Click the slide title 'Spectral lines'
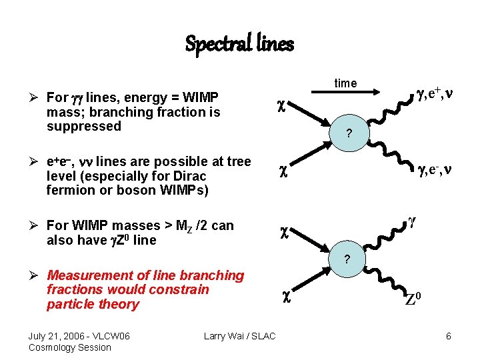pos(239,44)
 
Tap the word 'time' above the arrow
pos(345,83)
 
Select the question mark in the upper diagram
pos(348,133)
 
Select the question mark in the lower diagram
pos(346,259)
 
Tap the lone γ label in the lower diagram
pos(412,219)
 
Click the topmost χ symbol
pos(282,105)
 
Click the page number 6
pos(449,336)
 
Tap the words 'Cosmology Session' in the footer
pos(70,347)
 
